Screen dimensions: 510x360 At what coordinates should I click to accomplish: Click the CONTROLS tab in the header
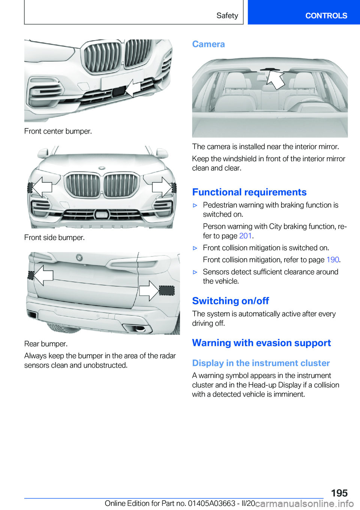[x=326, y=16]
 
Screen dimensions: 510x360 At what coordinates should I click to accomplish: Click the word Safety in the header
[x=227, y=16]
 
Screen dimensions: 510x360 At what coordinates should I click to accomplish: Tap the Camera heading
[x=208, y=44]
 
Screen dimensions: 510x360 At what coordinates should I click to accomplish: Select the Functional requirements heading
[x=249, y=192]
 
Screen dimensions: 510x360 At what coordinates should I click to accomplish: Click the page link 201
[x=245, y=236]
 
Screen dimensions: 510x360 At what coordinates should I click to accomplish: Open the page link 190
[x=333, y=260]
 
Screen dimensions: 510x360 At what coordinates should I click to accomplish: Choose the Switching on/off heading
[x=231, y=301]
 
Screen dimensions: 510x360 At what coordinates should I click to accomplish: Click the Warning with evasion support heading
[x=261, y=343]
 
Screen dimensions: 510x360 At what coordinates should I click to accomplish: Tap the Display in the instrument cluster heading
[x=261, y=363]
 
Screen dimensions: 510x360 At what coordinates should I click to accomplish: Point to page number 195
[x=339, y=493]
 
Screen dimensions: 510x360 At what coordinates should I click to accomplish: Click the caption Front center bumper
[x=58, y=131]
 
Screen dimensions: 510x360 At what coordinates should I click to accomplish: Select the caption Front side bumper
[x=54, y=238]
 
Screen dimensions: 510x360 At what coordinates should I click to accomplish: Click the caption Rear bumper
[x=46, y=344]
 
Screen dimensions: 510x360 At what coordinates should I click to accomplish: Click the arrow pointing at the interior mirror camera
[x=276, y=80]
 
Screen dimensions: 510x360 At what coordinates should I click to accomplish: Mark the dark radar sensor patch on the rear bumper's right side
[x=167, y=291]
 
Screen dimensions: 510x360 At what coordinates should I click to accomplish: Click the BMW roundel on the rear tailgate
[x=79, y=258]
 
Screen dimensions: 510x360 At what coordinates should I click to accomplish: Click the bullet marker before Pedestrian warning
[x=195, y=206]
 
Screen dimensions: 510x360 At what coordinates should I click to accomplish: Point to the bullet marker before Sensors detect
[x=195, y=272]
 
